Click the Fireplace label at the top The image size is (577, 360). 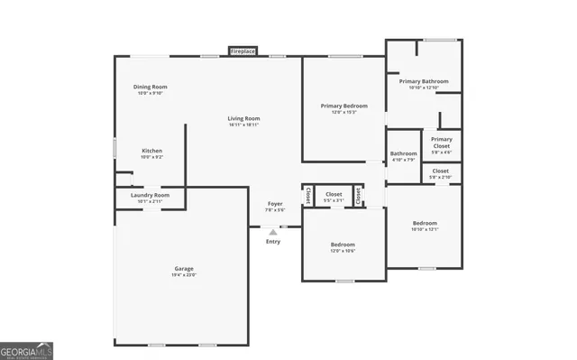tap(243, 51)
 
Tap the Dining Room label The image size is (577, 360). tap(151, 87)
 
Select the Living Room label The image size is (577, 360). tap(243, 118)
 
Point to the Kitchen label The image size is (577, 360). tap(151, 151)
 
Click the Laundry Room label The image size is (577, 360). tap(150, 195)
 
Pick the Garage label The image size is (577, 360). tap(184, 268)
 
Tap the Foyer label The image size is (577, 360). tap(275, 204)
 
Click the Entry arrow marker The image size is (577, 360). tap(273, 231)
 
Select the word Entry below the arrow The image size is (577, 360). tap(273, 241)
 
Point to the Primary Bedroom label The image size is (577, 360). tap(343, 106)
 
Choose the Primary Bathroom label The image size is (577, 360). tap(423, 81)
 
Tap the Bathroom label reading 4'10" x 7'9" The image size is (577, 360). tap(403, 153)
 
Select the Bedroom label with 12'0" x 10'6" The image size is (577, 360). tap(343, 245)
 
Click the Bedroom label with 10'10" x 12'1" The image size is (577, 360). tap(425, 223)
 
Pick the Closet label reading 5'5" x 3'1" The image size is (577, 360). tap(334, 194)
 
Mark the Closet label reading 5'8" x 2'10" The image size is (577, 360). tap(441, 171)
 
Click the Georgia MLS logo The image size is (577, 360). tap(27, 349)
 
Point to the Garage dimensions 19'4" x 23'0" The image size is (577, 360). tap(184, 274)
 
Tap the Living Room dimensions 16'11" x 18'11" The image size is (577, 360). tap(243, 125)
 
